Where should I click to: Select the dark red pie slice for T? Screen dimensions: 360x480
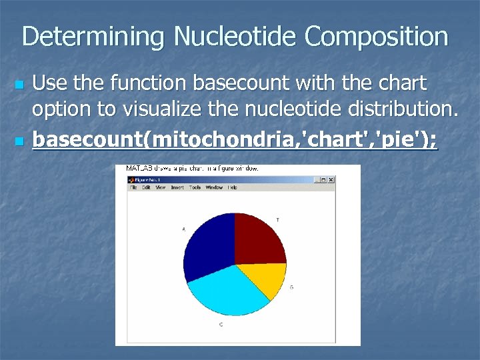pyautogui.click(x=259, y=239)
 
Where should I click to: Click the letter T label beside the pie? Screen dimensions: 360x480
pyautogui.click(x=277, y=219)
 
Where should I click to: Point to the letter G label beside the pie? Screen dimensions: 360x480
pyautogui.click(x=291, y=287)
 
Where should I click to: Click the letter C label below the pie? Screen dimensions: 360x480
pyautogui.click(x=221, y=325)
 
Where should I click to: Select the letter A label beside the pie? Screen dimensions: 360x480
pyautogui.click(x=183, y=229)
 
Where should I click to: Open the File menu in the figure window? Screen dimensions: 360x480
pyautogui.click(x=133, y=188)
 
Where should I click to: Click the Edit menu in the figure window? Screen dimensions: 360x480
pyautogui.click(x=145, y=188)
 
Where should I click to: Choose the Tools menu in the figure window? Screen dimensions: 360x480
pyautogui.click(x=195, y=188)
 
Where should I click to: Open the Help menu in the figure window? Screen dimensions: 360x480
pyautogui.click(x=232, y=188)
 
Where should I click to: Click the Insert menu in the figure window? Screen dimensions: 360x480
pyautogui.click(x=177, y=188)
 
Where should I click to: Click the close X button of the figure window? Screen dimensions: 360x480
pyautogui.click(x=331, y=180)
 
